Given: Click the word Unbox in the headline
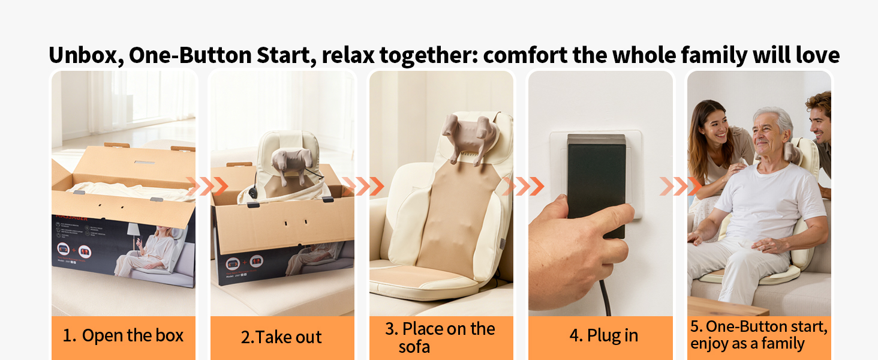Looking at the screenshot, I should click(x=83, y=55).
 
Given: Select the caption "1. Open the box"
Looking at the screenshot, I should click(x=123, y=336).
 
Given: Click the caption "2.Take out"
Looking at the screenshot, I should click(x=281, y=337).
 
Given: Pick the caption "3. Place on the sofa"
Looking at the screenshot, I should click(x=440, y=337).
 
